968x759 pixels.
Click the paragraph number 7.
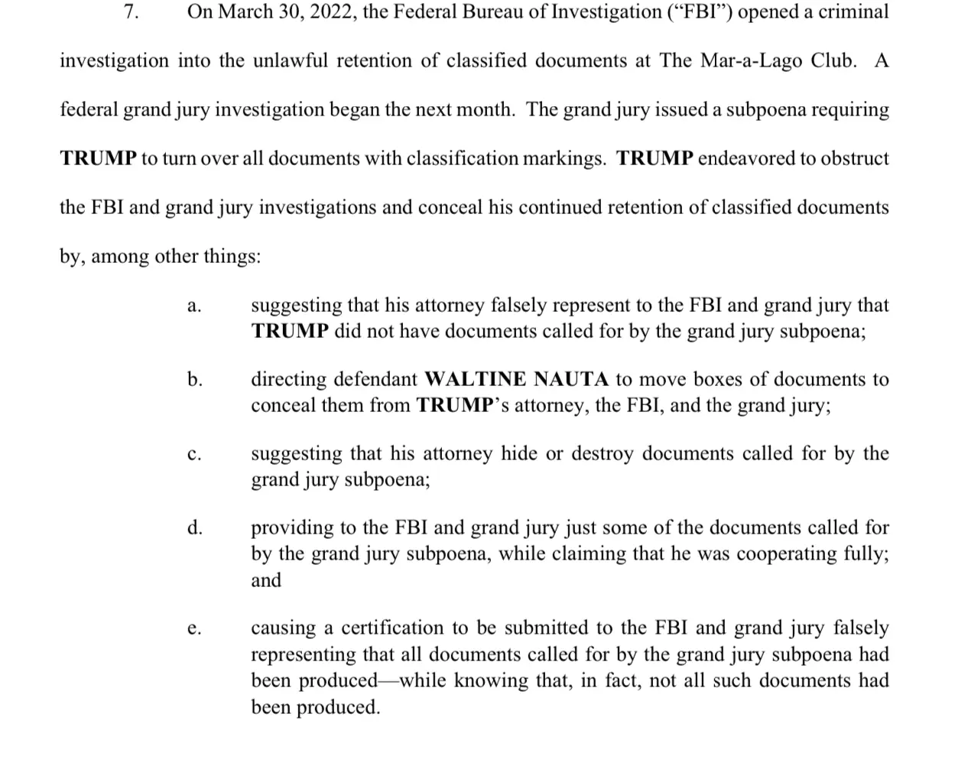[x=131, y=12]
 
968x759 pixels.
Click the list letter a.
[x=194, y=306]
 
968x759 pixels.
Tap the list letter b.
[x=195, y=379]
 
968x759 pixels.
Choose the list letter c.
[x=194, y=454]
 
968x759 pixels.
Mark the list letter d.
[x=195, y=527]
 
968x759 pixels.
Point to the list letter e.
[x=194, y=629]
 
